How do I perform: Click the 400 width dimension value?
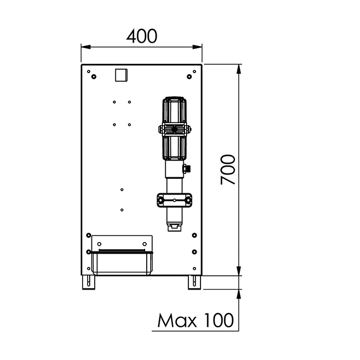[142, 37]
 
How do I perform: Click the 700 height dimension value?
[228, 169]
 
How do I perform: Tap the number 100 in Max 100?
[219, 320]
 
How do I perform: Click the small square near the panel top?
[121, 75]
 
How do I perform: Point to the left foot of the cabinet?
[89, 282]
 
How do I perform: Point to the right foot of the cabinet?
[194, 282]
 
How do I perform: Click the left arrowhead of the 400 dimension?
[86, 47]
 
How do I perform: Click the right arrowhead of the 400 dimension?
[197, 47]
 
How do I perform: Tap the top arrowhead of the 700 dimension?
[239, 69]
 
